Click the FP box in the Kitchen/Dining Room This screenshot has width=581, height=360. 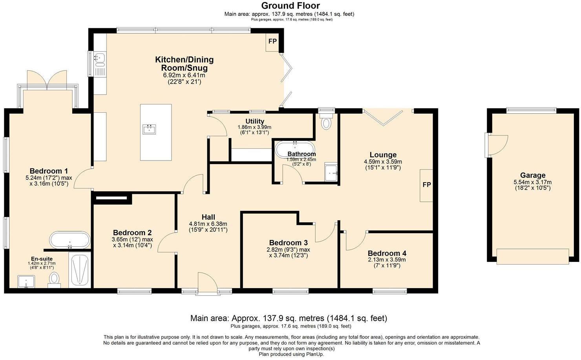click(272, 42)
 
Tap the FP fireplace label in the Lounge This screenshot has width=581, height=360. click(427, 185)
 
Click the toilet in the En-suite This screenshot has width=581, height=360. click(54, 280)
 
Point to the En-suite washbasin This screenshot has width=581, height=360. click(26, 282)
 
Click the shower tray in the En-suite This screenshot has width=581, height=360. click(80, 270)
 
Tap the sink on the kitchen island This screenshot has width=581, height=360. click(149, 130)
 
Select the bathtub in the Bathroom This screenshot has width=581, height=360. click(295, 150)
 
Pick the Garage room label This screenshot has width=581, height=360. click(533, 175)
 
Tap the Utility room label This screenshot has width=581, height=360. click(255, 121)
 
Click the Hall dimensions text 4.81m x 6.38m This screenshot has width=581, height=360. click(208, 224)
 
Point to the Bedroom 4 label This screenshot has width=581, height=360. click(387, 253)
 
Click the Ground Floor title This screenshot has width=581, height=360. click(290, 5)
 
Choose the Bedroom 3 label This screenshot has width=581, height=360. click(289, 243)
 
